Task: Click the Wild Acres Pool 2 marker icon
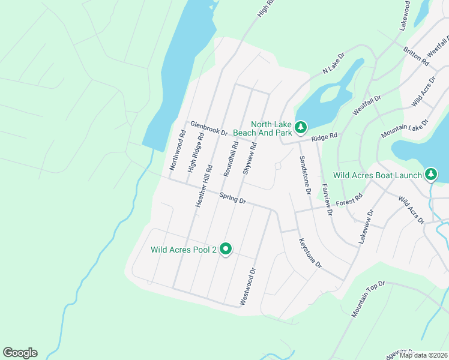point(226,248)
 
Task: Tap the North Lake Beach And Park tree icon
point(300,127)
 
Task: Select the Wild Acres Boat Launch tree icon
point(430,175)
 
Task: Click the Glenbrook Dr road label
point(209,128)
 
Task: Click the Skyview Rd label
point(250,158)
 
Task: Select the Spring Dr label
point(233,198)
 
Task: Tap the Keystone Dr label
point(310,253)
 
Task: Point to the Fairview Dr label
point(327,200)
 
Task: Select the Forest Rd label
point(350,200)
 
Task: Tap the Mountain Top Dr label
point(367,299)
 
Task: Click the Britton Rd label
point(416,56)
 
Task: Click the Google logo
point(20,353)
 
